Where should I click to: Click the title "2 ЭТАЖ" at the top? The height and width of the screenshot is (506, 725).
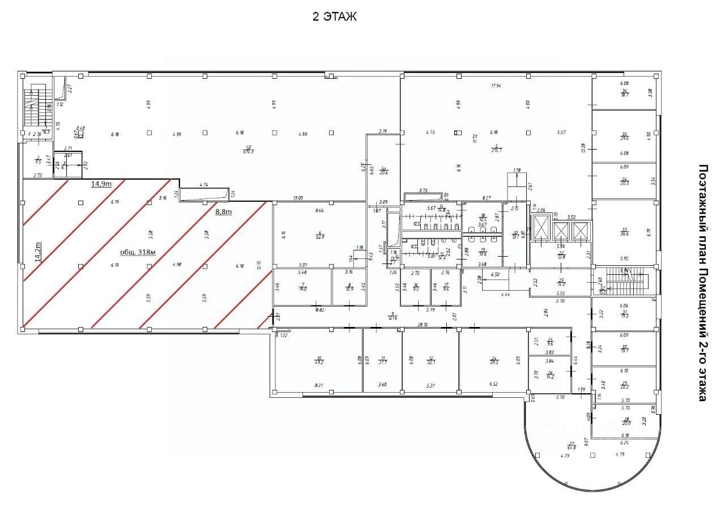pos(335,17)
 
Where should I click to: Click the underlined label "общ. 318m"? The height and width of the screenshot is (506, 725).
pos(139,253)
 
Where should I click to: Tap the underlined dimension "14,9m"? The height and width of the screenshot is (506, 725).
pos(102,184)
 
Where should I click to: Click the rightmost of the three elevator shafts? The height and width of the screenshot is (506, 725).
pos(581,231)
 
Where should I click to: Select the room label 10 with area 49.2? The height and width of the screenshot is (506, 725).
pos(319,360)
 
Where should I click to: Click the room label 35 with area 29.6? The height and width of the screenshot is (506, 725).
pos(625,137)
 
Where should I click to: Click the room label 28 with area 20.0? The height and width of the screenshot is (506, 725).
pos(626,421)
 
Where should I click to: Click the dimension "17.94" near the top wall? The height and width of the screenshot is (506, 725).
pos(497,86)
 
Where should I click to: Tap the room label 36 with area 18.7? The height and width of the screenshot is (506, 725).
pos(625,93)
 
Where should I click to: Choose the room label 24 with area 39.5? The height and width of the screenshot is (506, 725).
pos(494,360)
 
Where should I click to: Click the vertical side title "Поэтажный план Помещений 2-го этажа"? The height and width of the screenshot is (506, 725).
pos(702,283)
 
